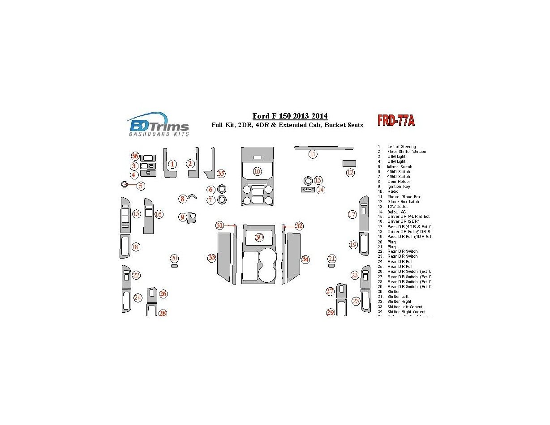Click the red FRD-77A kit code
pyautogui.click(x=396, y=121)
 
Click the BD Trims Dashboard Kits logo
pyautogui.click(x=158, y=124)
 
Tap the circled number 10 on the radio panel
pyautogui.click(x=257, y=171)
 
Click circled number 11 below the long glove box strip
pyautogui.click(x=313, y=154)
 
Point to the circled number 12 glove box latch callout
pyautogui.click(x=350, y=172)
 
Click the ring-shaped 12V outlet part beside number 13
pyautogui.click(x=307, y=181)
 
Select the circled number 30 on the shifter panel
pyautogui.click(x=259, y=237)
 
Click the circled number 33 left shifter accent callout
pyautogui.click(x=212, y=258)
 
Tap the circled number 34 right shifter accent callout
pyautogui.click(x=305, y=259)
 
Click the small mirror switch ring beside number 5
pyautogui.click(x=125, y=184)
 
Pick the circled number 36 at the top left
pyautogui.click(x=135, y=156)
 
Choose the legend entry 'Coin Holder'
pyautogui.click(x=398, y=182)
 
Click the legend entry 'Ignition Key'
pyautogui.click(x=398, y=187)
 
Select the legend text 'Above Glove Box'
pyautogui.click(x=404, y=197)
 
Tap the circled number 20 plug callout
pyautogui.click(x=174, y=259)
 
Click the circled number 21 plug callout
pyautogui.click(x=332, y=259)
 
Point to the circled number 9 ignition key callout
pyautogui.click(x=182, y=217)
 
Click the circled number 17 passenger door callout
pyautogui.click(x=352, y=215)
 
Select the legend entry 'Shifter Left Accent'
pyautogui.click(x=404, y=307)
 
